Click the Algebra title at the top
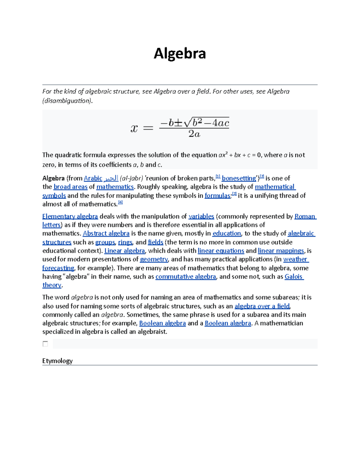[x=180, y=54]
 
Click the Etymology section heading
[x=57, y=361]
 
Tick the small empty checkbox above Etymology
[x=45, y=344]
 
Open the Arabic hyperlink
[x=93, y=178]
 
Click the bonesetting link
[x=238, y=178]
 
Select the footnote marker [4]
[x=120, y=203]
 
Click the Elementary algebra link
[x=70, y=216]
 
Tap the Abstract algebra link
[x=106, y=233]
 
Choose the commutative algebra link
[x=186, y=277]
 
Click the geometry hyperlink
[x=154, y=259]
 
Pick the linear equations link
[x=221, y=251]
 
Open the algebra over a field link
[x=262, y=306]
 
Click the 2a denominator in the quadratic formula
[x=194, y=134]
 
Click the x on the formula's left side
[x=134, y=128]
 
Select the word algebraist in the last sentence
[x=152, y=332]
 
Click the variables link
[x=201, y=216]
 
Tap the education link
[x=226, y=233]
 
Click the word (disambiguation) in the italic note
[x=67, y=101]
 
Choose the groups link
[x=105, y=242]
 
